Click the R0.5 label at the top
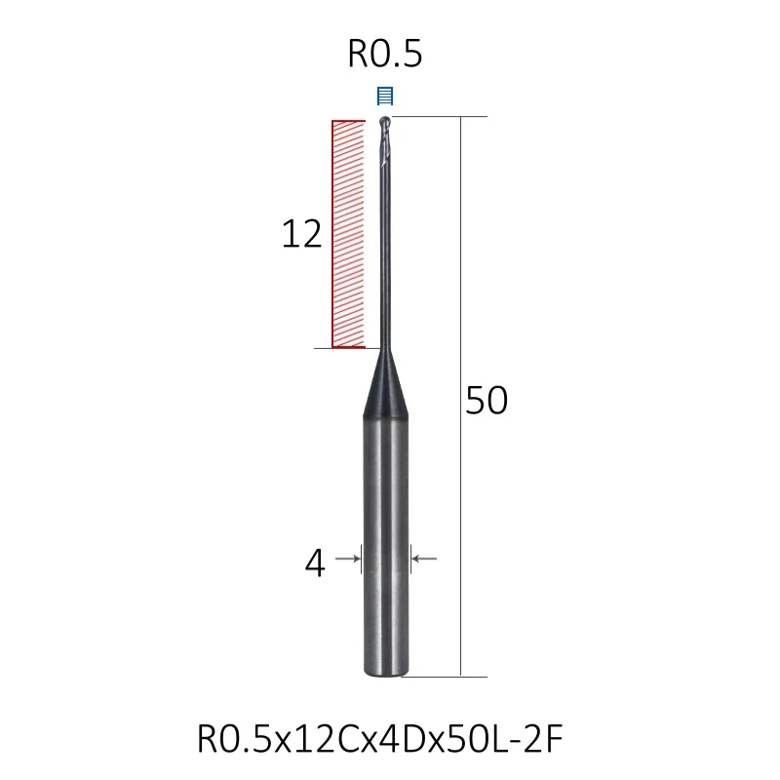pyautogui.click(x=385, y=54)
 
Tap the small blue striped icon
pyautogui.click(x=385, y=96)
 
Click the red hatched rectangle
pyautogui.click(x=348, y=234)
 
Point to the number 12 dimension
pyautogui.click(x=301, y=234)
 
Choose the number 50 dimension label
pyautogui.click(x=487, y=401)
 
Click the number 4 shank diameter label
pyautogui.click(x=315, y=564)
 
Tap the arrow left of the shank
pyautogui.click(x=348, y=559)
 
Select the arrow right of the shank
pyautogui.click(x=424, y=559)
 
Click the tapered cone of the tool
pyautogui.click(x=385, y=383)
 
